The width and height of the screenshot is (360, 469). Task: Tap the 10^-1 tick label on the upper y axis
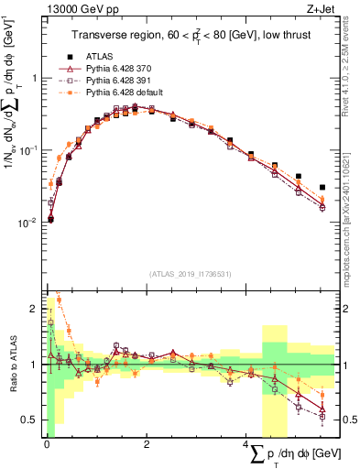coord(28,150)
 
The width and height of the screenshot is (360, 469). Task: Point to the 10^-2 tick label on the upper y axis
coord(28,223)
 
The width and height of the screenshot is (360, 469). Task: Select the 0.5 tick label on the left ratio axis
coord(31,420)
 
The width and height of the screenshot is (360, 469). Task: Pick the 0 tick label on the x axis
coord(45,445)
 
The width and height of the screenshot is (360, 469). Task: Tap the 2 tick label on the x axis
coord(147,445)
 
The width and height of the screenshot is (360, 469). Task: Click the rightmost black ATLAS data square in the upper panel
coord(322,187)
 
